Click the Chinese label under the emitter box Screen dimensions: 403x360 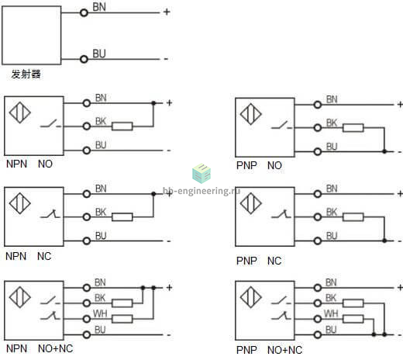(x=26, y=74)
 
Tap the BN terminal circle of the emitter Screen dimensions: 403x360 (x=84, y=12)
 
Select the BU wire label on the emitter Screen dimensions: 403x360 (x=99, y=54)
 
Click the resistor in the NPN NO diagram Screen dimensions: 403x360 (x=122, y=126)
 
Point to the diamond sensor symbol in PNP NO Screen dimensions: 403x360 (x=251, y=114)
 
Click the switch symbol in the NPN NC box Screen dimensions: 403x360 (x=50, y=213)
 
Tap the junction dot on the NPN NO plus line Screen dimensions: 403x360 (x=153, y=103)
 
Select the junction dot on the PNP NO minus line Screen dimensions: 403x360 (x=384, y=151)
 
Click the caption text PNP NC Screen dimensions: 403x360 (x=259, y=261)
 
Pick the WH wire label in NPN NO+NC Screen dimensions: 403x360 (x=100, y=313)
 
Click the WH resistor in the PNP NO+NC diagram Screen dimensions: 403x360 (x=353, y=319)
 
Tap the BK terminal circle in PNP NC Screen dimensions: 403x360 (x=318, y=216)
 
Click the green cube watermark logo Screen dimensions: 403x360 (x=201, y=173)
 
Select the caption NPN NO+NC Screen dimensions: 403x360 (x=40, y=348)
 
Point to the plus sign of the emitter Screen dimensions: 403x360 (x=167, y=12)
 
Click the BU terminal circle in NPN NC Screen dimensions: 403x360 (x=87, y=241)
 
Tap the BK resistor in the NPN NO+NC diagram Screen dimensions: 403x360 (x=122, y=303)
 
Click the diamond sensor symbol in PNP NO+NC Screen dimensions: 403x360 (x=251, y=297)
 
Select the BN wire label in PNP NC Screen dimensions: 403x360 (x=332, y=189)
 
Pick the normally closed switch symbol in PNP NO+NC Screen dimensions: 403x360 (x=281, y=316)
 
